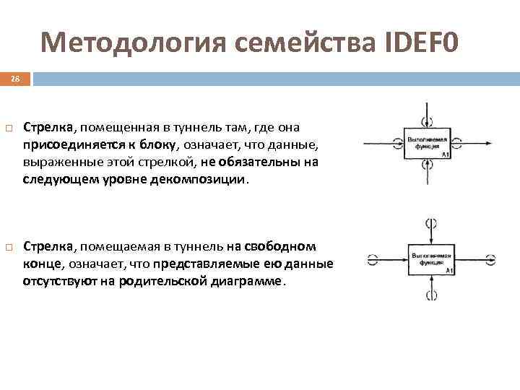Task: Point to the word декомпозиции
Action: [210, 178]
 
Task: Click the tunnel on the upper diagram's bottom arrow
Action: [429, 164]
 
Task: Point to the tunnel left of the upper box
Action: [397, 142]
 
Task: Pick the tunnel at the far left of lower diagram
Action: [373, 258]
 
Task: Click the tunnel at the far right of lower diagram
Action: [491, 258]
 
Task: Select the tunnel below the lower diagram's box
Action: [432, 294]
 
